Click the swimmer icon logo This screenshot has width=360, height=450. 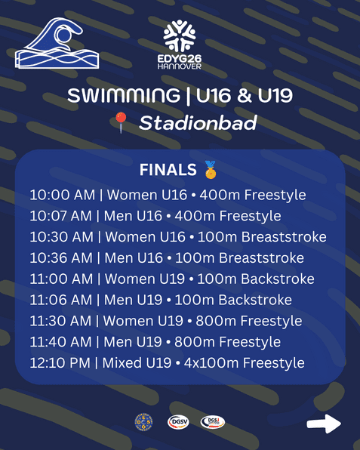point(57,43)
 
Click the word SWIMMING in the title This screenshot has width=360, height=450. point(124,95)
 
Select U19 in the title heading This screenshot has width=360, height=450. point(275,95)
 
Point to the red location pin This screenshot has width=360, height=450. point(121,122)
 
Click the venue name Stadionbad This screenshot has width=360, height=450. point(198,123)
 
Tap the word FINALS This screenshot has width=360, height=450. point(168,170)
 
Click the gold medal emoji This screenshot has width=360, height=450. point(211,170)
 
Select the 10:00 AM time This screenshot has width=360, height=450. point(62,195)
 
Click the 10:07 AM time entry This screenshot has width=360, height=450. point(61,216)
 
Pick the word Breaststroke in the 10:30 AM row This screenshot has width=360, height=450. point(284,237)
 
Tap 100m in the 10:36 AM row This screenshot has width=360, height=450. point(195,258)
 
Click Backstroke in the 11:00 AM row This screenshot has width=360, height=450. point(278,279)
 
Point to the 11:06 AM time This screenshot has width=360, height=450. point(61,300)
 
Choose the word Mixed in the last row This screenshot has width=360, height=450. point(122,362)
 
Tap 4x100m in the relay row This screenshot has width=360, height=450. point(211,362)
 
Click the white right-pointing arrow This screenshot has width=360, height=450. point(324,424)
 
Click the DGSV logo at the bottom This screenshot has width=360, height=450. point(178,422)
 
